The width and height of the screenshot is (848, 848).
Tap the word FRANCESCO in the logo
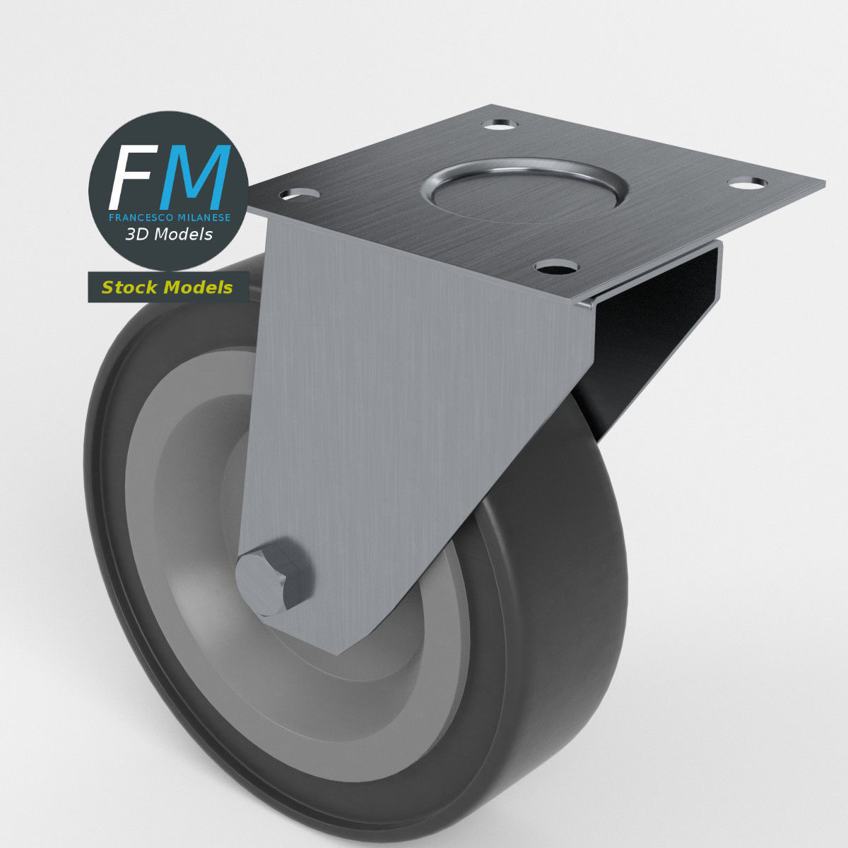click(139, 218)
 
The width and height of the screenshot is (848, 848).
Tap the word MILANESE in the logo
click(200, 218)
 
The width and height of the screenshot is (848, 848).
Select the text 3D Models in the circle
click(168, 235)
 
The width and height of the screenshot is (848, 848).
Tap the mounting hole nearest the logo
click(300, 193)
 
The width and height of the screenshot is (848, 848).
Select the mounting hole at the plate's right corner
click(746, 183)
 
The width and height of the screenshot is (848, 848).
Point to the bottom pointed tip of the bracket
click(339, 649)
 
